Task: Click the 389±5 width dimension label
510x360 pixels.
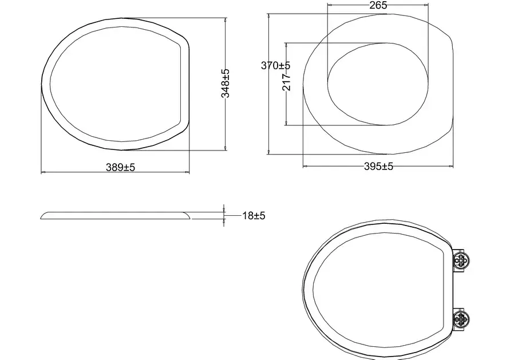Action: point(120,167)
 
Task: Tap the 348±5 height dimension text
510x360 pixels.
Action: point(226,83)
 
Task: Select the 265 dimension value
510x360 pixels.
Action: point(378,5)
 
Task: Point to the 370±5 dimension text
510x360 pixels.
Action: point(275,65)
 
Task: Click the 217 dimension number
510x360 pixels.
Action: point(286,82)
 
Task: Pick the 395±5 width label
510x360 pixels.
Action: point(378,167)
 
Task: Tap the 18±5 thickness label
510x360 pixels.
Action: point(254,216)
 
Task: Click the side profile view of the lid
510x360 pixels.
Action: point(115,215)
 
